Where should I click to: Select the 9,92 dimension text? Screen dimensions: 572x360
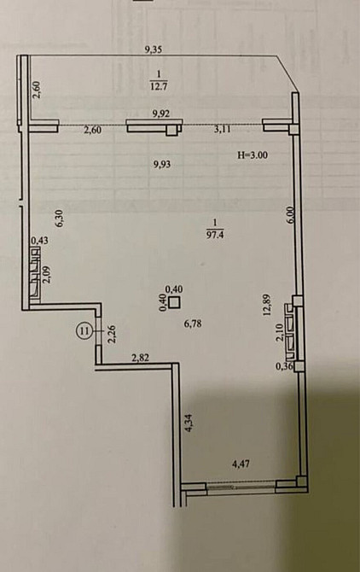158,113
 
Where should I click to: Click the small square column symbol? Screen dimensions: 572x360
174,302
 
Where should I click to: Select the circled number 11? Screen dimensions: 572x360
84,329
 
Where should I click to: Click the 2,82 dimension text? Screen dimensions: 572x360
141,358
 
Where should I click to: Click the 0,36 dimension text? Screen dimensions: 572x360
284,367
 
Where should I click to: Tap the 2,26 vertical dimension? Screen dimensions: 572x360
111,334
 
